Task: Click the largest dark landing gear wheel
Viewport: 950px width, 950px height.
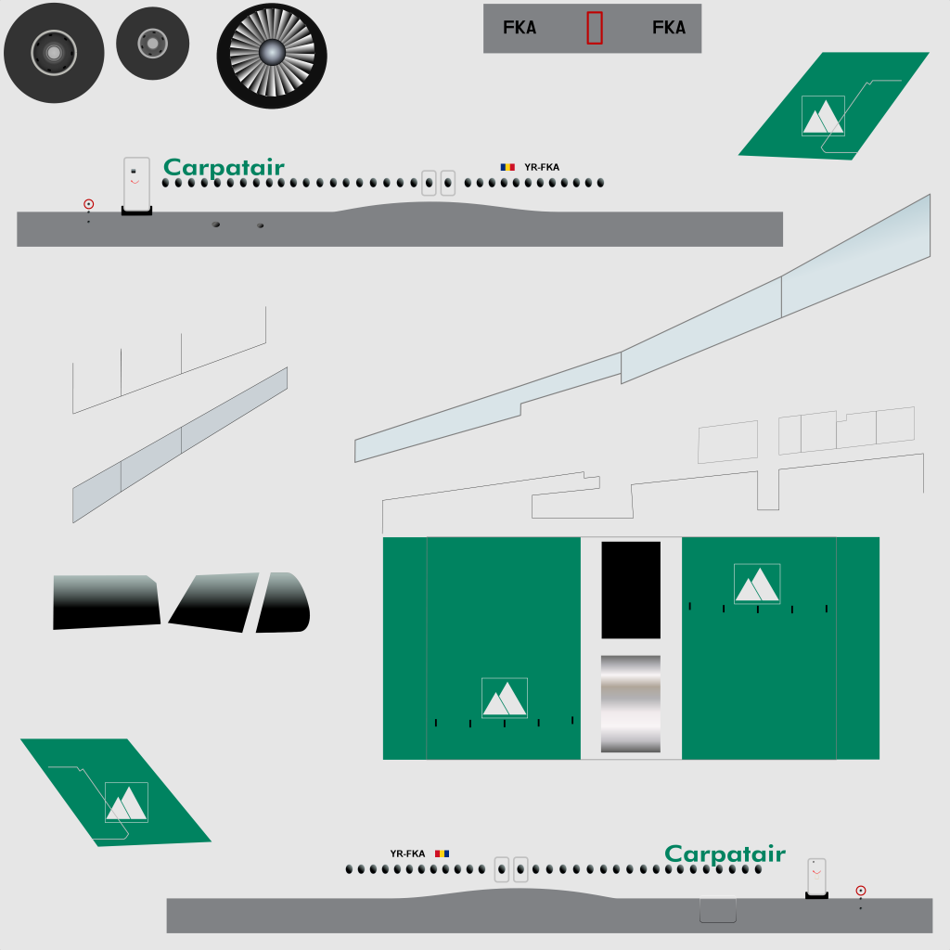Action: click(x=54, y=53)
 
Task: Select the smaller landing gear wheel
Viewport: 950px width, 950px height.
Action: click(x=153, y=44)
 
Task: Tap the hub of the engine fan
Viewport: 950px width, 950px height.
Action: click(x=272, y=53)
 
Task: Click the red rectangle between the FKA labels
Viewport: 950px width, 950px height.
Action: click(x=595, y=28)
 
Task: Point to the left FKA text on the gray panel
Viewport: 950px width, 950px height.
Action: click(x=520, y=28)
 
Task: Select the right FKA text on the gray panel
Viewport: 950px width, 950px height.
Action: click(x=669, y=28)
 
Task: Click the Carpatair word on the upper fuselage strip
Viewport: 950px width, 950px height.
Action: click(x=224, y=168)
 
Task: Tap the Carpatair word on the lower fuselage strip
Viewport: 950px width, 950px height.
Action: click(x=725, y=854)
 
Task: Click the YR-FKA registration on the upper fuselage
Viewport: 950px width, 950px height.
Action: click(x=542, y=167)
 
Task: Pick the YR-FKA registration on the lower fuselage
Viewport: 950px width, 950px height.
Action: click(x=408, y=854)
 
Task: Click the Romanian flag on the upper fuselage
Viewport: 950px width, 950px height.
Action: click(x=507, y=167)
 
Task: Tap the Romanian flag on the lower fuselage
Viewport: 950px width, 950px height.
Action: click(x=443, y=854)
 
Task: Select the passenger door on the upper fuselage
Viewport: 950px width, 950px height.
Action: click(x=137, y=184)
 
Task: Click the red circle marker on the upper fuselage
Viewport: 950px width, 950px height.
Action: click(x=88, y=204)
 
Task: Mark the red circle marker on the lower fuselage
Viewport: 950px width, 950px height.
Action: click(x=861, y=891)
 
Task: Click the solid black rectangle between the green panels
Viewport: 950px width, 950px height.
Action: click(x=631, y=590)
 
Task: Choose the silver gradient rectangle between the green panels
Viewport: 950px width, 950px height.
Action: click(x=631, y=704)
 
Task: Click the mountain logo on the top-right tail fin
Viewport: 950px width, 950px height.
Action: click(x=823, y=116)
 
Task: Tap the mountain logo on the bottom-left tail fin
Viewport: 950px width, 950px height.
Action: click(x=126, y=802)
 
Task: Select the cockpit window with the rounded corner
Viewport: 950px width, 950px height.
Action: click(x=284, y=602)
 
